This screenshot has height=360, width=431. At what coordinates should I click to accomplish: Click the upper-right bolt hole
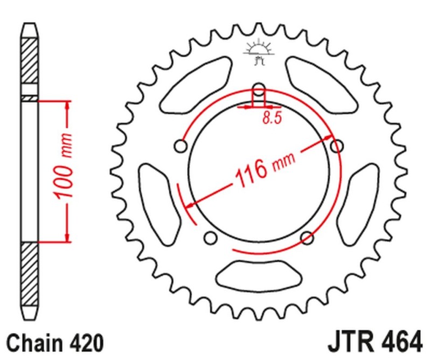[337, 146]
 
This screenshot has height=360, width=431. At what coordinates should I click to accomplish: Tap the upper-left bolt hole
[181, 146]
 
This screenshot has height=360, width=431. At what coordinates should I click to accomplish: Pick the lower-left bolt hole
[211, 238]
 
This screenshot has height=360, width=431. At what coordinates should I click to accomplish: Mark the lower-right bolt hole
[307, 238]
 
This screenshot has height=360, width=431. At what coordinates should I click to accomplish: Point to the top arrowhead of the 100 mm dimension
[67, 105]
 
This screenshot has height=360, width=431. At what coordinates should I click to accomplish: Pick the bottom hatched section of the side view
[30, 275]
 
